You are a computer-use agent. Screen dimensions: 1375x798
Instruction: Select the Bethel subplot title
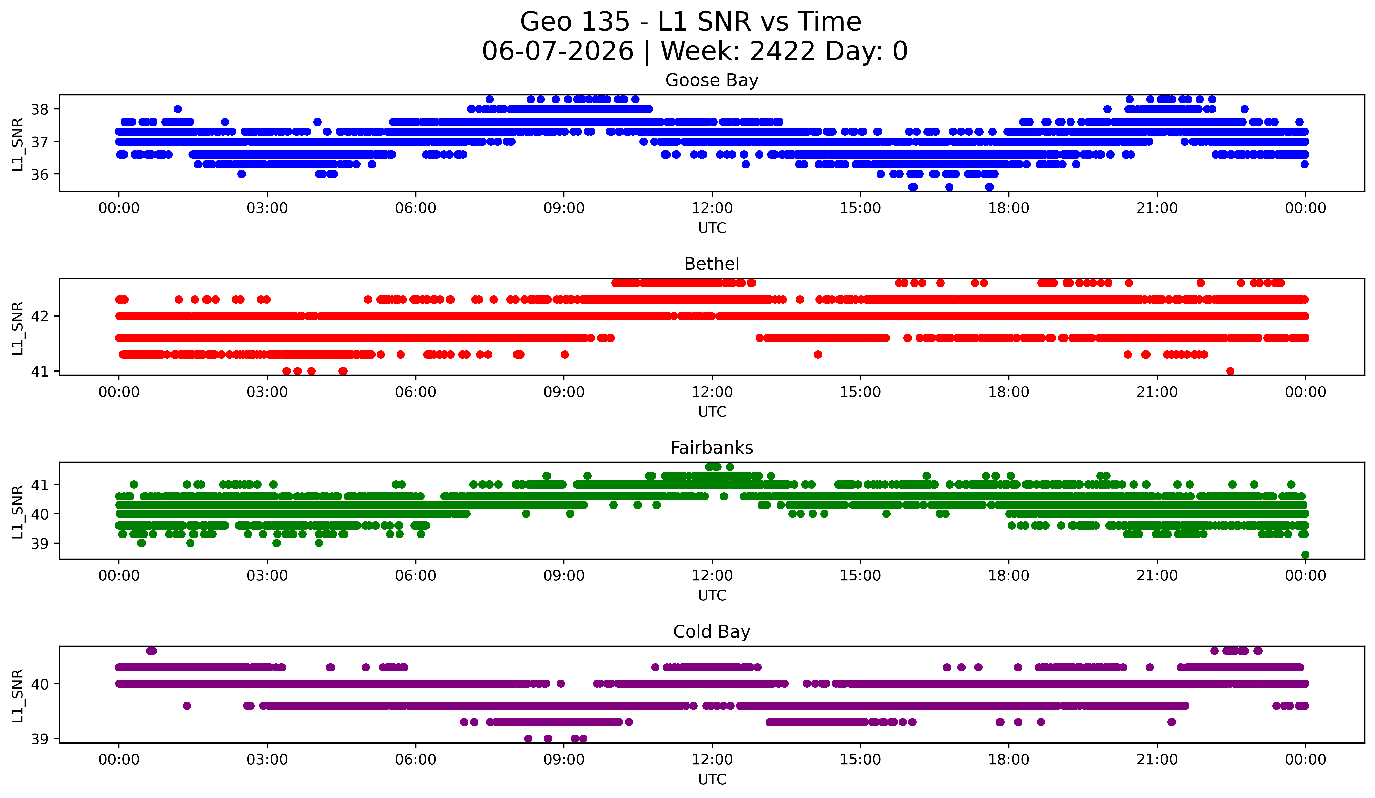(x=712, y=264)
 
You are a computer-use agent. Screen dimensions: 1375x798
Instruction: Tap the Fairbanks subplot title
(x=712, y=448)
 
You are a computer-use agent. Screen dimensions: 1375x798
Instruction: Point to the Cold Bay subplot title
(x=712, y=632)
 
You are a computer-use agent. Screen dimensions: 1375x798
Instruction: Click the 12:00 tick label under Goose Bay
(x=712, y=208)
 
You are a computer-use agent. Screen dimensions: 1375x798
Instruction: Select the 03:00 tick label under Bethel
(x=267, y=392)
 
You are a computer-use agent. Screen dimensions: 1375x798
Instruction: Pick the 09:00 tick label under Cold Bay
(x=564, y=760)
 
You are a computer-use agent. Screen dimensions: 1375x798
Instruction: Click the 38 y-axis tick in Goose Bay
(x=40, y=110)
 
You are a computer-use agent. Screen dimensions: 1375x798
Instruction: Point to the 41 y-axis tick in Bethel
(x=40, y=372)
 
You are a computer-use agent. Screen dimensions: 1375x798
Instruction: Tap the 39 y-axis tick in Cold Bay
(x=40, y=739)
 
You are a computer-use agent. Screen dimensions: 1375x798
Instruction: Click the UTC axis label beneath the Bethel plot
(x=712, y=412)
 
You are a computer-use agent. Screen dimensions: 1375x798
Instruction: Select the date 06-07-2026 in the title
(x=558, y=51)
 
